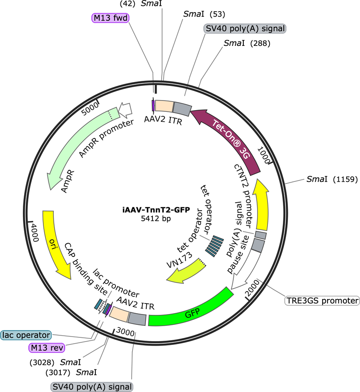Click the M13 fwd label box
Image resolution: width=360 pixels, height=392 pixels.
[x=110, y=18]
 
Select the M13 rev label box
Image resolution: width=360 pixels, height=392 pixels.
[x=47, y=348]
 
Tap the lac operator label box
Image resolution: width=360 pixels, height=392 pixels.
[x=26, y=335]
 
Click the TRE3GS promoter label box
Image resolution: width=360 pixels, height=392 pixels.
[x=322, y=301]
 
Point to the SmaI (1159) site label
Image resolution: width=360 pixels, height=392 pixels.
[x=332, y=179]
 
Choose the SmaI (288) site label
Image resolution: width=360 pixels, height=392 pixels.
[x=247, y=43]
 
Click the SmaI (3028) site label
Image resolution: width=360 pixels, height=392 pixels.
[x=55, y=362]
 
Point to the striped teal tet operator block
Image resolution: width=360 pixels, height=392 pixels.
[x=214, y=246]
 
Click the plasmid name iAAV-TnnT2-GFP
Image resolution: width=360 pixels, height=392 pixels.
[x=156, y=209]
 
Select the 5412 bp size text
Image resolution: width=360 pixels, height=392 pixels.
[x=156, y=219]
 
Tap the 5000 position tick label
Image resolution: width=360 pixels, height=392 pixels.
[x=90, y=109]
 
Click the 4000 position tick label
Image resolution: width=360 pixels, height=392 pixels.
[x=35, y=233]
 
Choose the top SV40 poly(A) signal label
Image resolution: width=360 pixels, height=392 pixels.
[x=245, y=28]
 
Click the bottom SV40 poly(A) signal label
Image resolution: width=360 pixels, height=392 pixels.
[x=92, y=387]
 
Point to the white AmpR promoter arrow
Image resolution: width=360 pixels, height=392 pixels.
[x=125, y=110]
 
